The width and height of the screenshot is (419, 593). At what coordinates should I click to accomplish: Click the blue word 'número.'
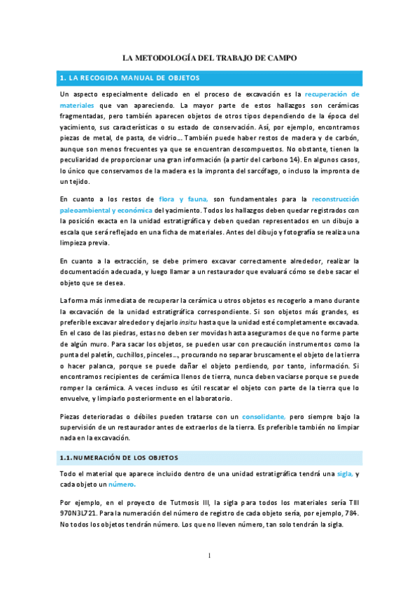(x=122, y=485)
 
